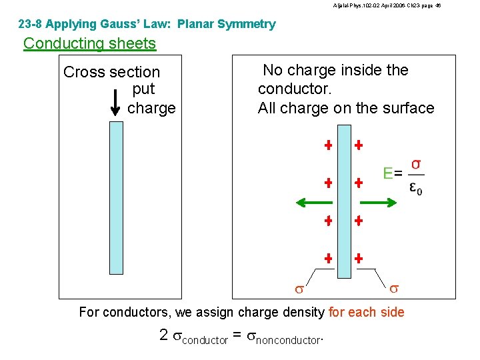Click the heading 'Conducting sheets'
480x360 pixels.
89,44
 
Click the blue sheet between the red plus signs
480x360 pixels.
344,200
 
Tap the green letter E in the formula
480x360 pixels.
388,173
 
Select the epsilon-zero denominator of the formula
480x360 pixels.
416,189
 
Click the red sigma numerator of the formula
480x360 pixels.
416,163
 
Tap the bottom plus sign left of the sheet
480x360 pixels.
328,257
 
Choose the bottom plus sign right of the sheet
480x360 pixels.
359,257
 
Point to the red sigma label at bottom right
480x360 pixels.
394,288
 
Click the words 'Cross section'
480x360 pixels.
112,72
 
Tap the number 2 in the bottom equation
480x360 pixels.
164,335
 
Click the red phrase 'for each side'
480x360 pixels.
367,312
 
